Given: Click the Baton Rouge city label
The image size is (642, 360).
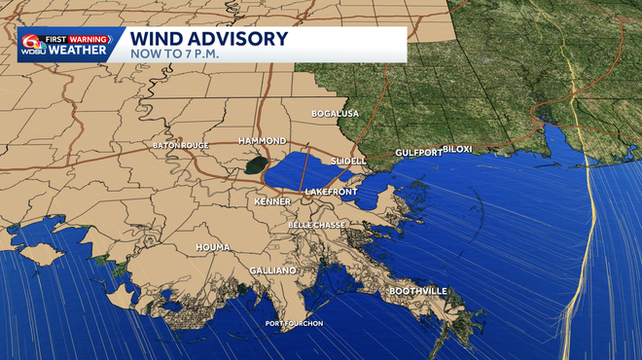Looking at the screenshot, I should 181,146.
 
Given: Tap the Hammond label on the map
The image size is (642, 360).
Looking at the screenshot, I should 262,141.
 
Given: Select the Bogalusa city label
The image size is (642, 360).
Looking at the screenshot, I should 335,114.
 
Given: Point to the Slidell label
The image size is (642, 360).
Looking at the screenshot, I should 348,161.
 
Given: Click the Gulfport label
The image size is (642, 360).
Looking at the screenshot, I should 418,153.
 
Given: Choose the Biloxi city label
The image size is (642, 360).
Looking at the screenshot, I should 457,149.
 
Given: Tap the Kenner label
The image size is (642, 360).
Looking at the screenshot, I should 272,201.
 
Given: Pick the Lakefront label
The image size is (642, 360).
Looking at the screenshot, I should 331,193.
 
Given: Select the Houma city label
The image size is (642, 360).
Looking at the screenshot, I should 213,248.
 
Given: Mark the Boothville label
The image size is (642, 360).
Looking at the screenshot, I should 418,291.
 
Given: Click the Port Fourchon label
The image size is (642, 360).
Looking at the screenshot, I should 294,323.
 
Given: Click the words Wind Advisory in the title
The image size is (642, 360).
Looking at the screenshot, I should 209,39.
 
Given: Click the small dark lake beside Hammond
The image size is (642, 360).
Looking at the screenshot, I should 255,165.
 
